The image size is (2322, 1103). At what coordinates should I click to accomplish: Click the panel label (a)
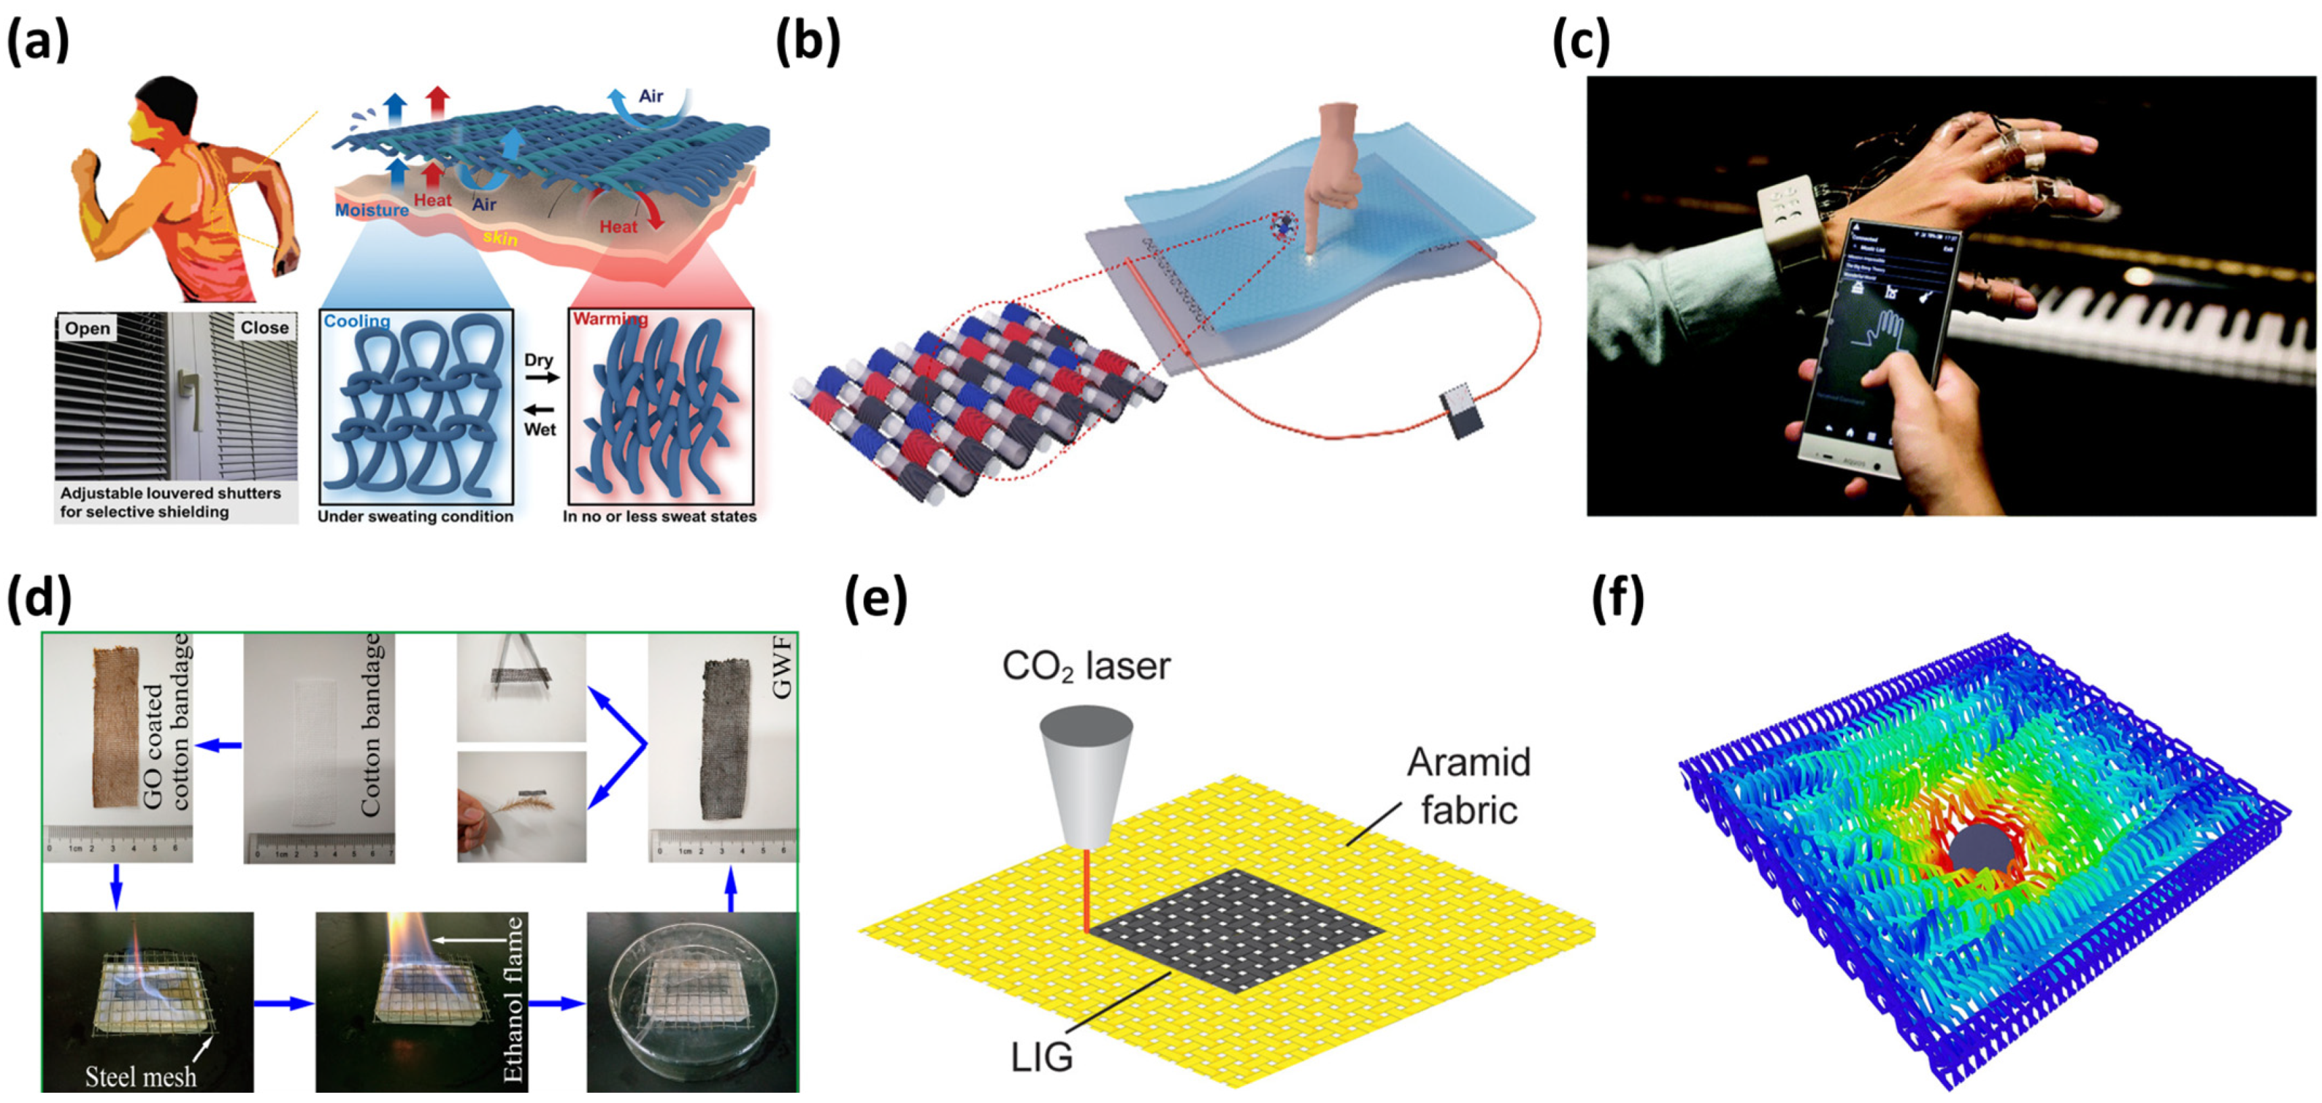pyautogui.click(x=38, y=41)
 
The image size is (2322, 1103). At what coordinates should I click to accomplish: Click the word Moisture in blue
pyautogui.click(x=371, y=210)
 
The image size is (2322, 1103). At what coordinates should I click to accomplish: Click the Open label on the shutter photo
pyautogui.click(x=87, y=328)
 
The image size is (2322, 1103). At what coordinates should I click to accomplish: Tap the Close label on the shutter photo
pyautogui.click(x=264, y=328)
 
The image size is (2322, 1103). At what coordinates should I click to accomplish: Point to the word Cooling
pyautogui.click(x=357, y=321)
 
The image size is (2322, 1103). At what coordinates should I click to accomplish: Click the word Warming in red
pyautogui.click(x=610, y=319)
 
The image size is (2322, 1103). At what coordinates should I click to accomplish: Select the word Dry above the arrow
pyautogui.click(x=538, y=360)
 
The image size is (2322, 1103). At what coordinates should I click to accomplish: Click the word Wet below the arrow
pyautogui.click(x=539, y=429)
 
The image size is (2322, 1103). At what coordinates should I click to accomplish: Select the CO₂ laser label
pyautogui.click(x=1086, y=667)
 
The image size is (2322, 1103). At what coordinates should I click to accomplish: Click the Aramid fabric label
pyautogui.click(x=1468, y=786)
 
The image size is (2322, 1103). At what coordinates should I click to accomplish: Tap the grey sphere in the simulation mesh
pyautogui.click(x=1980, y=849)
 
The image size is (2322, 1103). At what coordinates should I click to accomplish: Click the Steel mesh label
pyautogui.click(x=141, y=1076)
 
